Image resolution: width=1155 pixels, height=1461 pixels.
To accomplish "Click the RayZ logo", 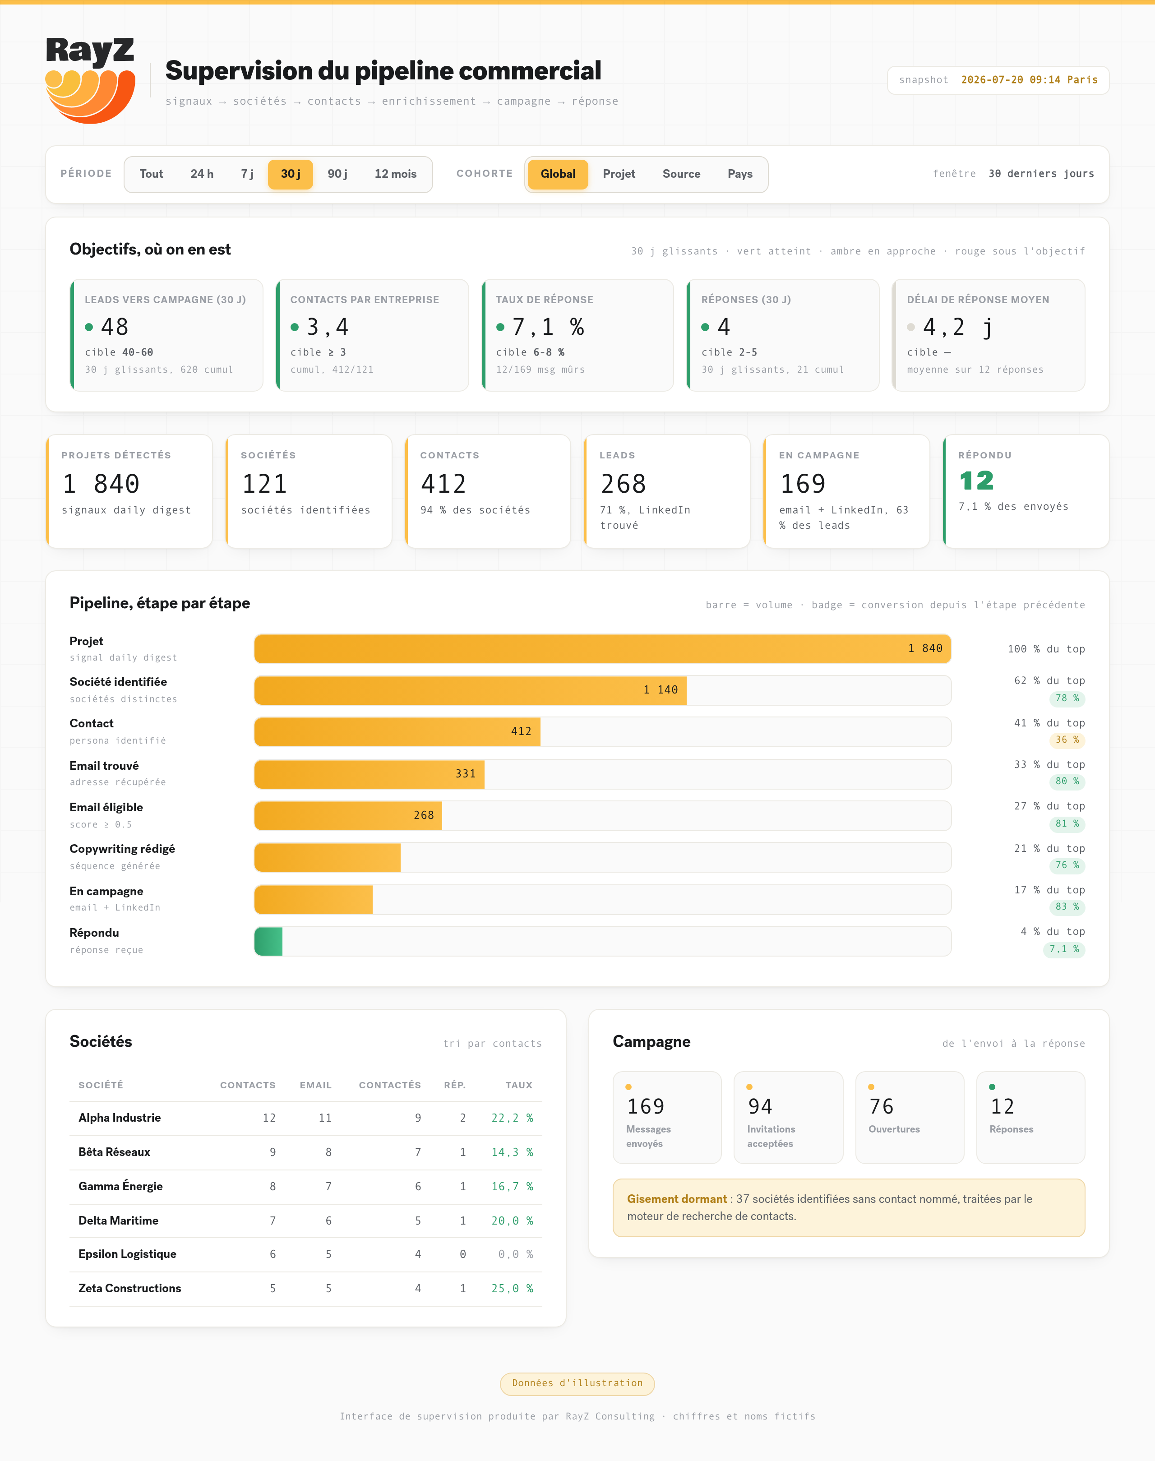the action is tap(90, 80).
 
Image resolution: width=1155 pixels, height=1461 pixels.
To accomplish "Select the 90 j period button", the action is tap(337, 174).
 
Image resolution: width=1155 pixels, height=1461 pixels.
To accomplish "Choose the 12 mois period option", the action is tap(396, 174).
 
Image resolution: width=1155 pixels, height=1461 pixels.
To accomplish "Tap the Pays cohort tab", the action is tap(740, 174).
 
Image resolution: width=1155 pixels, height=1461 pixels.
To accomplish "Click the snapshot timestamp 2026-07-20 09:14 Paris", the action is tap(1029, 80).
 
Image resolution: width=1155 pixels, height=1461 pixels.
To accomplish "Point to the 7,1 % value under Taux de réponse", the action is tap(548, 328).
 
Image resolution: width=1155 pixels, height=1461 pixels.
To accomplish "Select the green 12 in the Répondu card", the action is tap(976, 481).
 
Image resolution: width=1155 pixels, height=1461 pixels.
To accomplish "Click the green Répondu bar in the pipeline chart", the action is tap(268, 942).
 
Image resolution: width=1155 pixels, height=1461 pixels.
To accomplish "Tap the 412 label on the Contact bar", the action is tap(521, 731).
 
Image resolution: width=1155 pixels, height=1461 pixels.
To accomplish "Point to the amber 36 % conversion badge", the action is tap(1067, 740).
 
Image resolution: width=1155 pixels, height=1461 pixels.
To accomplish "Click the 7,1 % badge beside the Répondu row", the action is tap(1064, 949).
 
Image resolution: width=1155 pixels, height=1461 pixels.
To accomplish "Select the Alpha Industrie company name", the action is tap(120, 1117).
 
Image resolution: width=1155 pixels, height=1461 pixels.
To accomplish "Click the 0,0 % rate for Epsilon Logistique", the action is tap(515, 1254).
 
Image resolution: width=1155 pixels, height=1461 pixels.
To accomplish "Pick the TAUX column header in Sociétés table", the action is tap(519, 1085).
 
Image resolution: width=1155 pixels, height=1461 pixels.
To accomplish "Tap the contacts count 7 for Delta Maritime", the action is tap(273, 1220).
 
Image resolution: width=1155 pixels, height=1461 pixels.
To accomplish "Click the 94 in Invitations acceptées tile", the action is tap(760, 1106).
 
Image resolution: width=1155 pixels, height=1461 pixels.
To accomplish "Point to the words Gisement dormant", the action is tap(676, 1198).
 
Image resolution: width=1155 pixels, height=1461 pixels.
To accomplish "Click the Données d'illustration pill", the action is tap(577, 1383).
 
